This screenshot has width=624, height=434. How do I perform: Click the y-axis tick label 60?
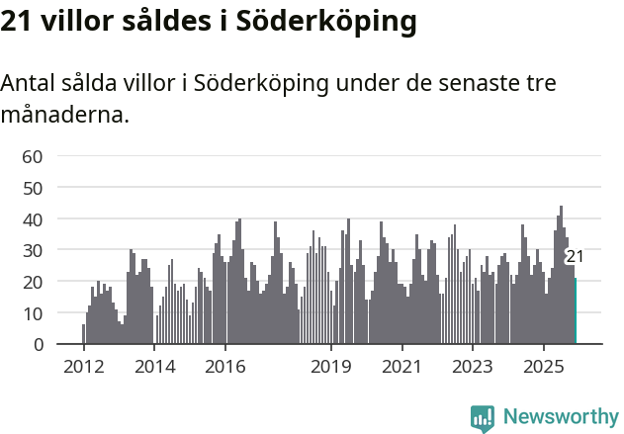click(x=33, y=156)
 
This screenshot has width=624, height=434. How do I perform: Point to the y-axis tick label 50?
click(x=33, y=188)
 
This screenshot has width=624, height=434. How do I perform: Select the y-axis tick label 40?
click(x=33, y=218)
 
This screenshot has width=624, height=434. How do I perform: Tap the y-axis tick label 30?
click(x=33, y=250)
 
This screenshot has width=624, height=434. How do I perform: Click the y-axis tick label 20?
click(x=33, y=282)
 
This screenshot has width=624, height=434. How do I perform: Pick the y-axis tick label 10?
click(x=33, y=313)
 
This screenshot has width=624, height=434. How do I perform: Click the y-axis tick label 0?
click(x=38, y=345)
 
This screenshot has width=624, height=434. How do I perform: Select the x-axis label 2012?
click(x=83, y=367)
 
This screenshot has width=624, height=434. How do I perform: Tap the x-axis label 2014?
click(x=154, y=367)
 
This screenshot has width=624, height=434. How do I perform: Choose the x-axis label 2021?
click(x=401, y=367)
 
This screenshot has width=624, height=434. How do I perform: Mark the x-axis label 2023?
click(x=472, y=367)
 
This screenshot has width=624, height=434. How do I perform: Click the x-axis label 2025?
click(x=543, y=367)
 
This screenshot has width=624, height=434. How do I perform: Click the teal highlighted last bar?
click(x=575, y=311)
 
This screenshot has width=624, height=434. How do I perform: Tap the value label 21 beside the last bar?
click(x=575, y=257)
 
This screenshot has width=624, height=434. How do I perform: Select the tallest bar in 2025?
click(x=561, y=276)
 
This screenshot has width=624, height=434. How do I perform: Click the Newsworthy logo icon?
click(x=483, y=418)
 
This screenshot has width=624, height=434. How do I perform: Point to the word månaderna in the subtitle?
click(x=64, y=116)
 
